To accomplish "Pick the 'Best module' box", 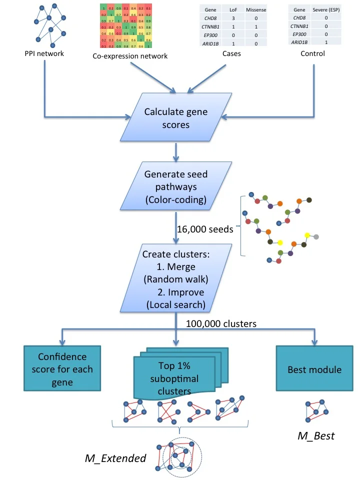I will click(x=314, y=370).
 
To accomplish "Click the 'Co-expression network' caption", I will click(x=130, y=56).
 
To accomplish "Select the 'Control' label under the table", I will click(x=313, y=53).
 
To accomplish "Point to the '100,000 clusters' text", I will click(x=221, y=323).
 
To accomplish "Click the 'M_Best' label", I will click(x=316, y=435).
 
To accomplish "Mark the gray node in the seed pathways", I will click(x=316, y=236).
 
